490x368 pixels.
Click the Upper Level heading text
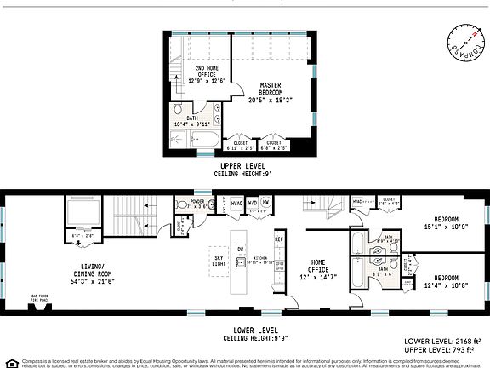(x=242, y=165)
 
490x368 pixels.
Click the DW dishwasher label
(x=241, y=250)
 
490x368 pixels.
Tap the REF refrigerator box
(x=278, y=240)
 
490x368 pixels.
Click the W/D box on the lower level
(x=252, y=203)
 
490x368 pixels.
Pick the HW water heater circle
(x=266, y=203)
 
